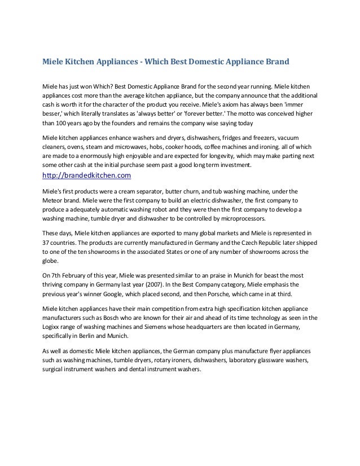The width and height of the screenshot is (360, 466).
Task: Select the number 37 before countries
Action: (x=47, y=241)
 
